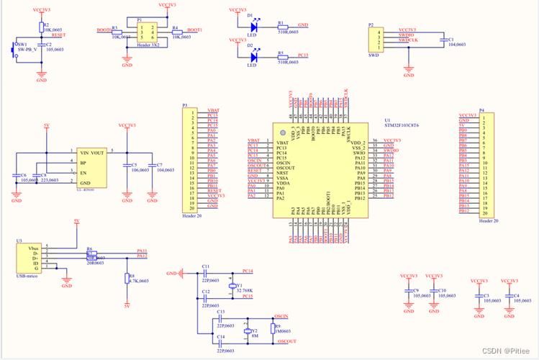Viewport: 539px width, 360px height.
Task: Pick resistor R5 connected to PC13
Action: pos(282,55)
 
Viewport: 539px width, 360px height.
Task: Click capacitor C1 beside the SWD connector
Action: pos(440,40)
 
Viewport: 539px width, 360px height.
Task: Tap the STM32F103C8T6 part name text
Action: pos(402,125)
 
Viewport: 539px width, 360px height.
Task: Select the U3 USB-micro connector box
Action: pos(30,259)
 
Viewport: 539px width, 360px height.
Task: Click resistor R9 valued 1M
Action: pos(273,328)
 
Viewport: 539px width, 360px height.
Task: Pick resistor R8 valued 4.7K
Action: pos(125,279)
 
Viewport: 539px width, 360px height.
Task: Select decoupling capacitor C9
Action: pos(409,294)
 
